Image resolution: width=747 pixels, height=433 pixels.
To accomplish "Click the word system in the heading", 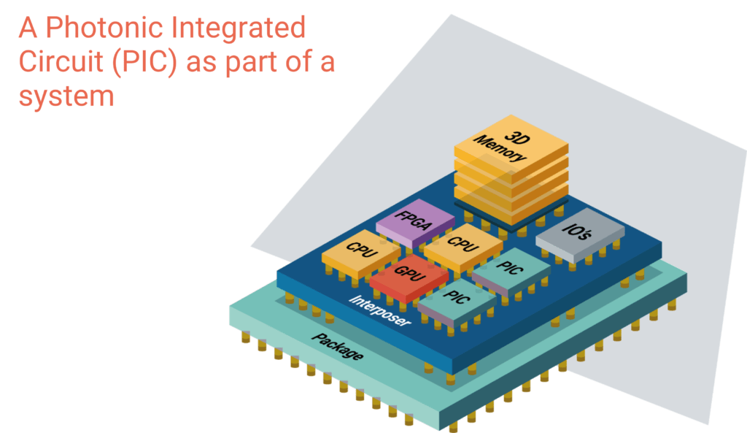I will point(67,96).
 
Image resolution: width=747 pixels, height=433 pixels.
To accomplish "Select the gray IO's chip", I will point(580,234).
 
